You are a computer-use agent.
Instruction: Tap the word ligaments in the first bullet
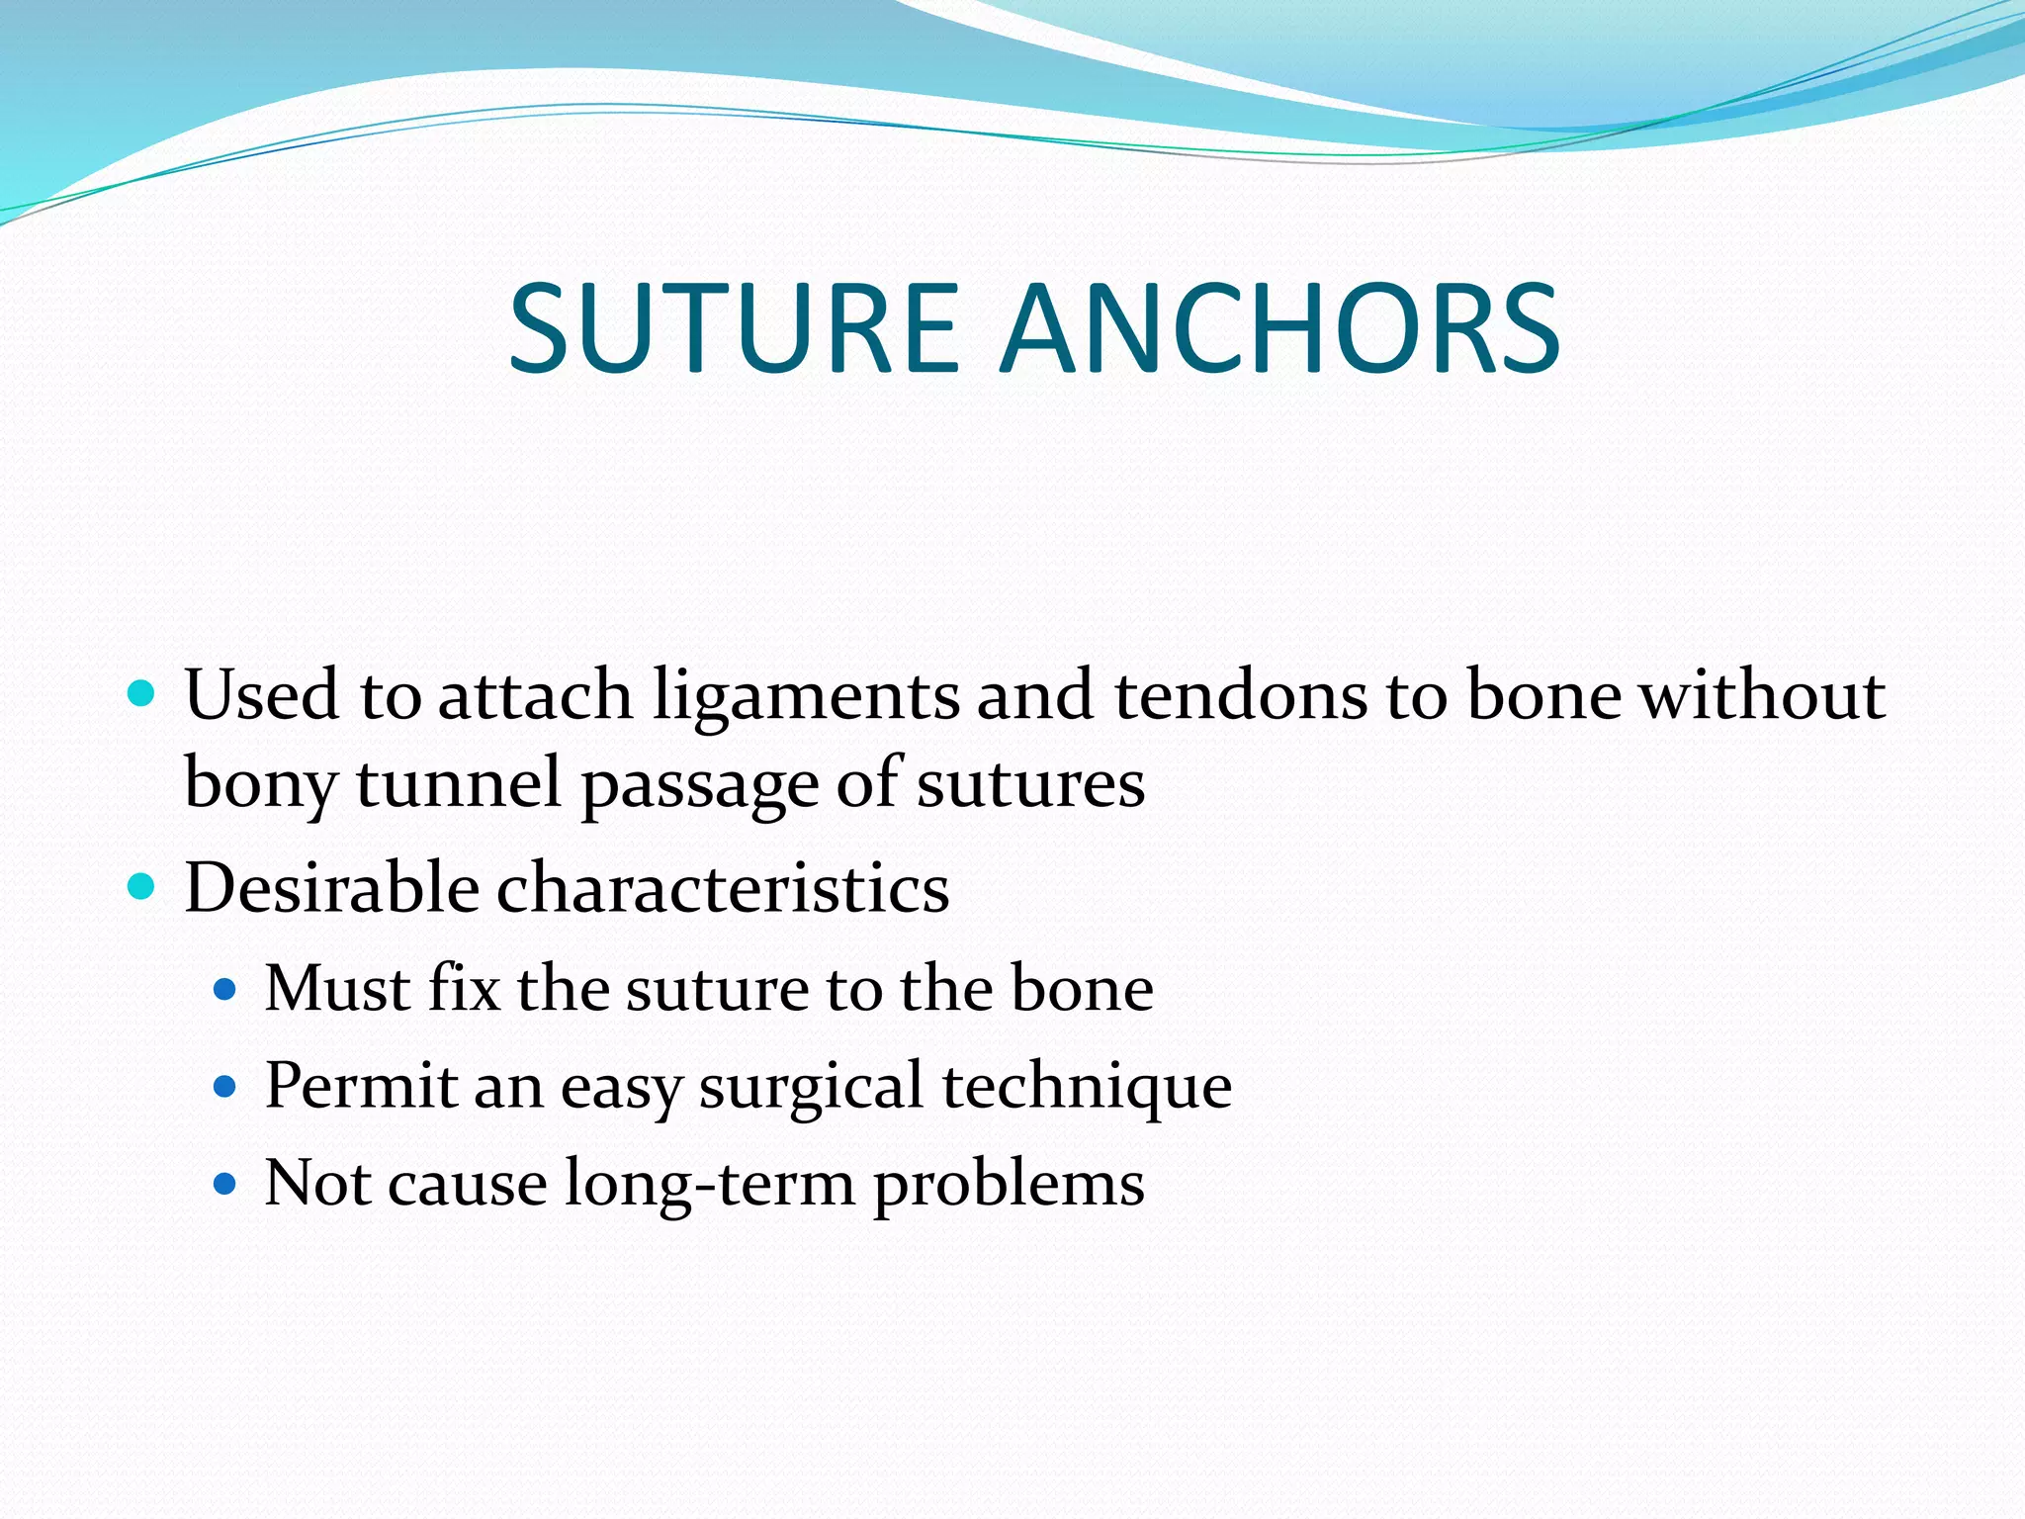(806, 697)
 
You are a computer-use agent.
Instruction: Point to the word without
(1762, 695)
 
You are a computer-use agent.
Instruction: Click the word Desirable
(332, 887)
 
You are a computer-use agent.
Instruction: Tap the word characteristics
(723, 887)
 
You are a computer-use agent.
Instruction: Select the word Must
(337, 988)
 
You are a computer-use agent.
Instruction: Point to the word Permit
(360, 1086)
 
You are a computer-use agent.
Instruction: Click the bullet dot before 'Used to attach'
(142, 693)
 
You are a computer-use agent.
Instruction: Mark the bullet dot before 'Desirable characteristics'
(142, 886)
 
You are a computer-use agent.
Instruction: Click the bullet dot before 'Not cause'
(226, 1182)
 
